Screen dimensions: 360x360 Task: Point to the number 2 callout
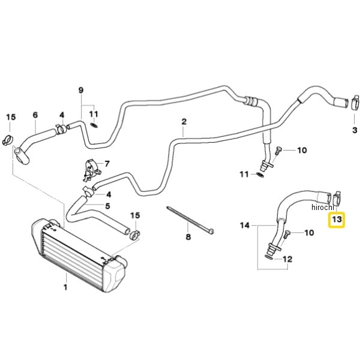[x=184, y=122]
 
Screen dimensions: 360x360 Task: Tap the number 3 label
[x=355, y=130]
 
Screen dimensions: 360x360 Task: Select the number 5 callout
[x=108, y=206]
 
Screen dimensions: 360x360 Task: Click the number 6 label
[x=35, y=115]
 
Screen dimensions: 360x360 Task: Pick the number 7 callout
[x=107, y=163]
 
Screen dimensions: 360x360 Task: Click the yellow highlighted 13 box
[x=337, y=220]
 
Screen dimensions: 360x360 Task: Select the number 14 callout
[x=244, y=226]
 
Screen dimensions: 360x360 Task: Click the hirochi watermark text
[x=325, y=207]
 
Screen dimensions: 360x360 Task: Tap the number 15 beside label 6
[x=10, y=117]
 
